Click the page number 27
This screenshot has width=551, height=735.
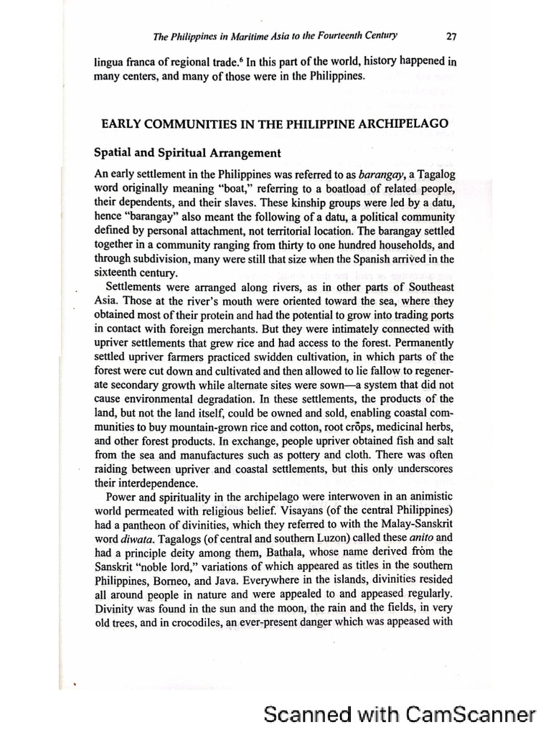click(x=451, y=35)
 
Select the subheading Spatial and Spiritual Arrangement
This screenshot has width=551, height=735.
click(x=187, y=153)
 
